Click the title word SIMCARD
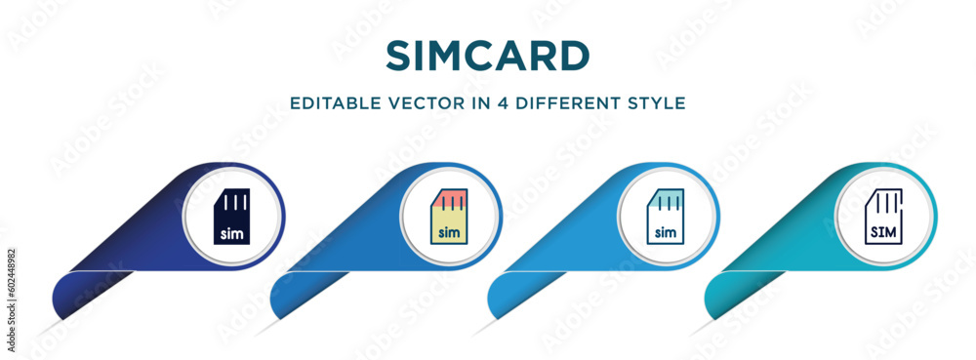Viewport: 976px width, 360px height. (487, 57)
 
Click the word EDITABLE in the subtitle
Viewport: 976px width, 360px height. (332, 102)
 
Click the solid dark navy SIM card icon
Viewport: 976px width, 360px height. (232, 215)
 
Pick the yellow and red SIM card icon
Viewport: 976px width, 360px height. (449, 215)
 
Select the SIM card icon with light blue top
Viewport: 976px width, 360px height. (666, 215)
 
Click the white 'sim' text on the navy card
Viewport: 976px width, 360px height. (232, 233)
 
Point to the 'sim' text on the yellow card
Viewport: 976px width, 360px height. (449, 233)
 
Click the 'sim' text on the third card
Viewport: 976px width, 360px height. (666, 233)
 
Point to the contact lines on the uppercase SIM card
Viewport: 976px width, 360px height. (883, 202)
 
